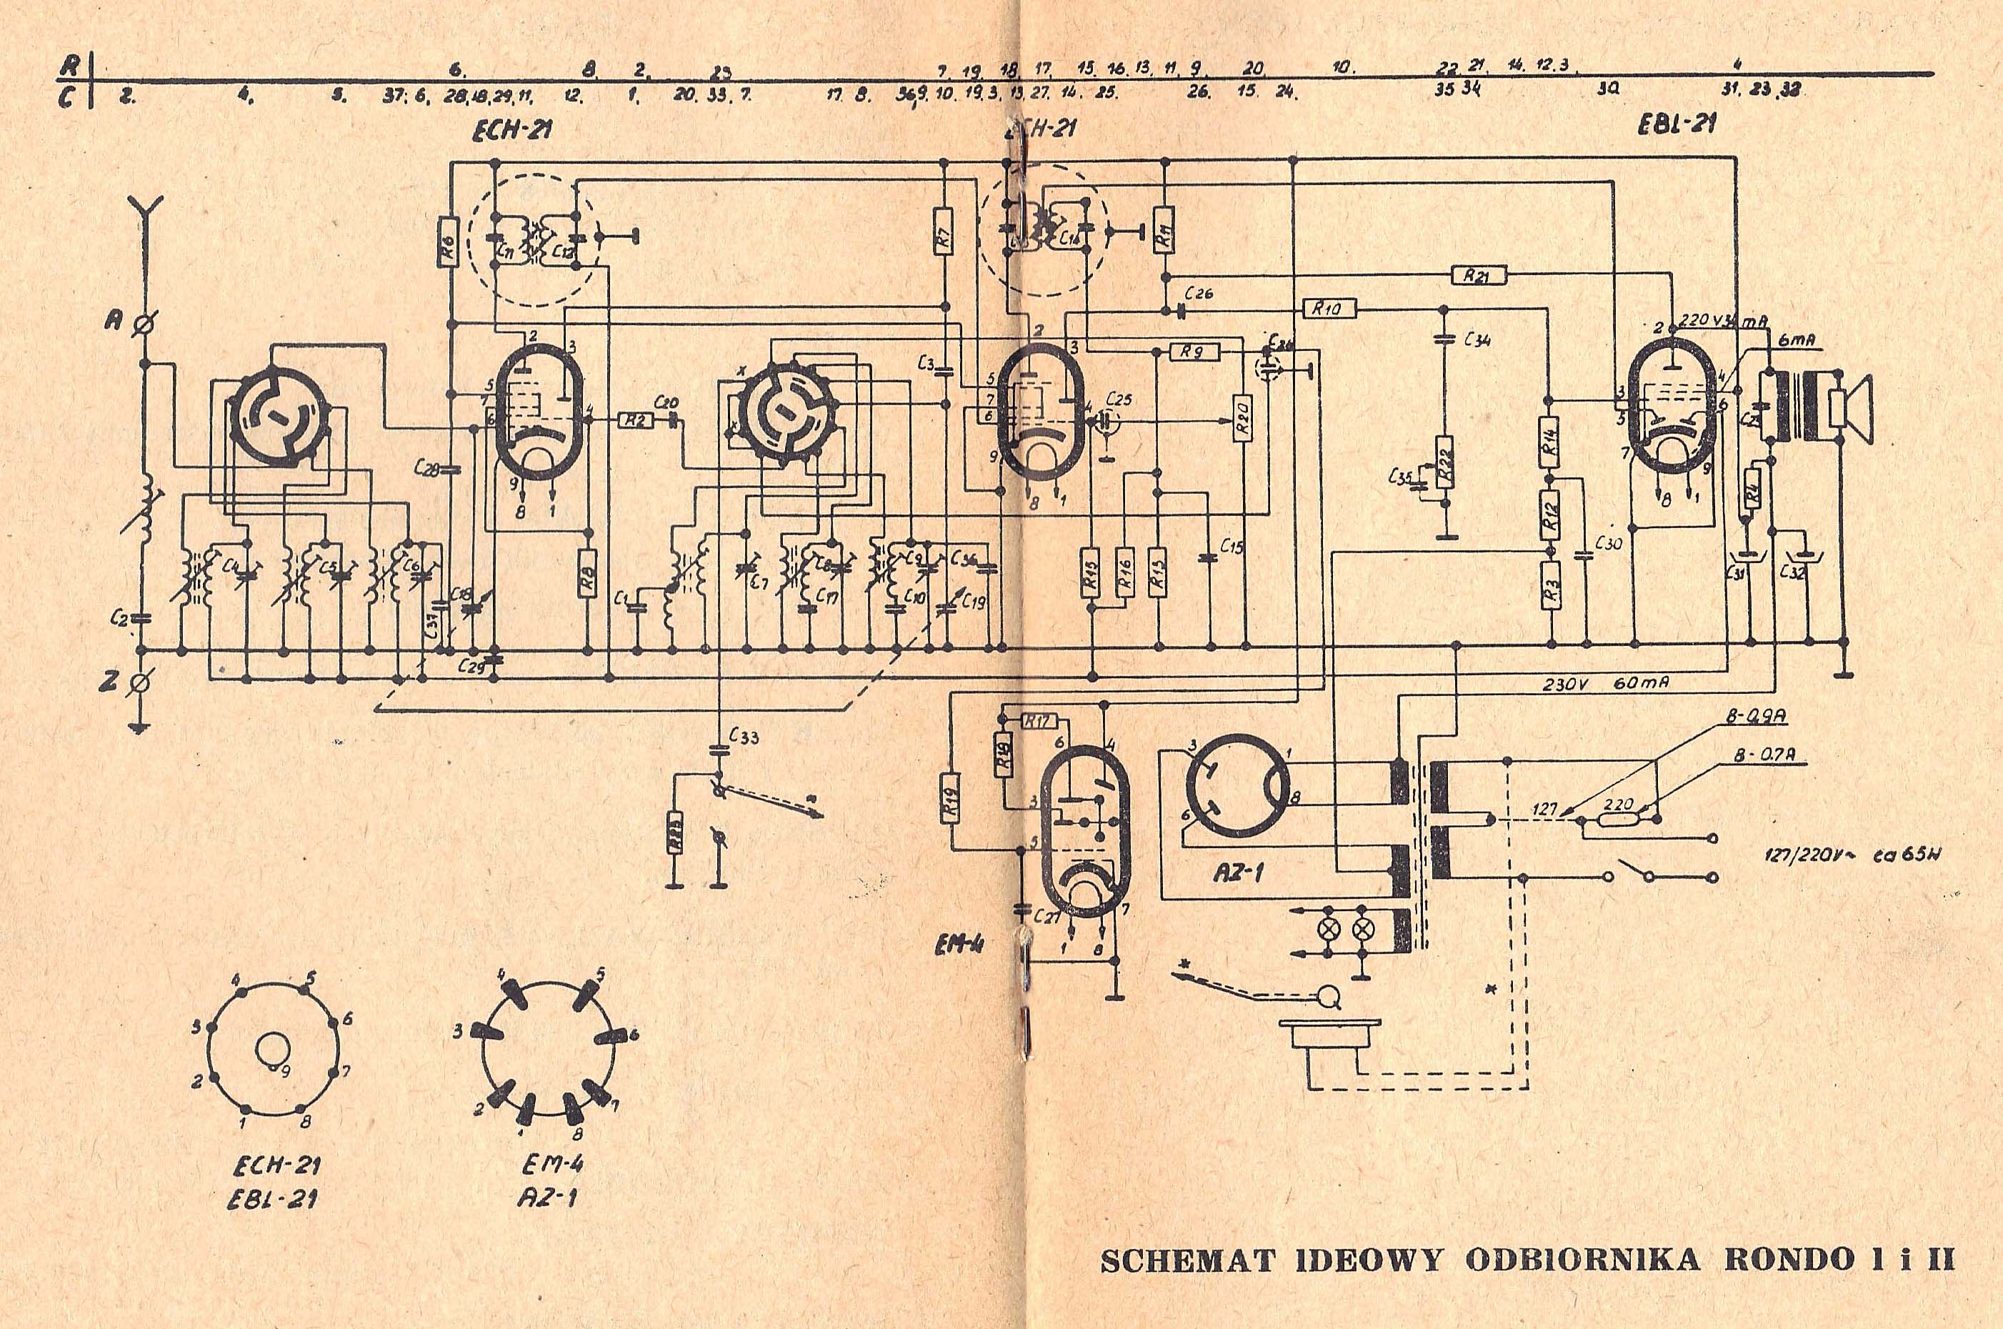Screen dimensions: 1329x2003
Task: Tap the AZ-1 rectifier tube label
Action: (x=1235, y=872)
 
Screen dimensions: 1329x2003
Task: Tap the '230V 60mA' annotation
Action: (x=1607, y=684)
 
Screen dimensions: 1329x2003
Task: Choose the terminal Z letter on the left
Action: (x=110, y=679)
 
